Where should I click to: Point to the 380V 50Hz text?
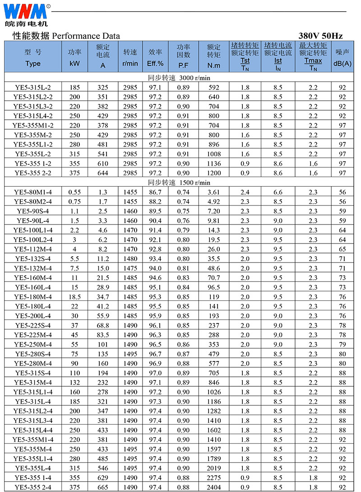click(x=320, y=36)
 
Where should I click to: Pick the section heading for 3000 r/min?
click(x=179, y=78)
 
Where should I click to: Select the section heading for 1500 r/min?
click(x=179, y=183)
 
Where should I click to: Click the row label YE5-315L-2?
click(x=33, y=87)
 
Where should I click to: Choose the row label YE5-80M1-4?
click(x=33, y=192)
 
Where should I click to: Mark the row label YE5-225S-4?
click(x=33, y=325)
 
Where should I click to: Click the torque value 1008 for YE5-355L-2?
click(x=213, y=154)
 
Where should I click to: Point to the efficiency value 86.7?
click(x=156, y=192)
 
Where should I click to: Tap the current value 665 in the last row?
click(x=103, y=487)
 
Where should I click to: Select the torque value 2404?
click(x=213, y=487)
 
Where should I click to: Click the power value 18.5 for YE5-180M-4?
click(x=74, y=297)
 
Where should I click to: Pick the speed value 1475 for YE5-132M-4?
click(x=130, y=268)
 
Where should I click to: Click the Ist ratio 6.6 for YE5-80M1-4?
click(x=278, y=192)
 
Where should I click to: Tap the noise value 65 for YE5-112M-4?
click(x=342, y=249)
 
